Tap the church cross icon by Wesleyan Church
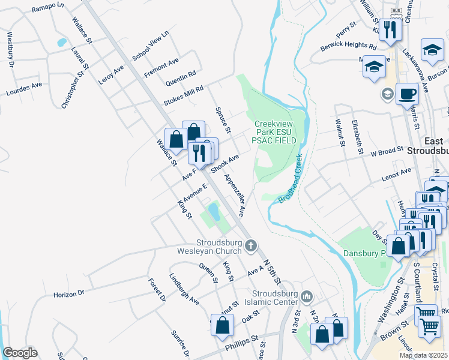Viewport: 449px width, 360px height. click(251, 245)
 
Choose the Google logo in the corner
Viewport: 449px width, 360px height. click(20, 352)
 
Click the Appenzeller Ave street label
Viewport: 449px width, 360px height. click(235, 194)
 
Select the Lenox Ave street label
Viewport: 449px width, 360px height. click(396, 175)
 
